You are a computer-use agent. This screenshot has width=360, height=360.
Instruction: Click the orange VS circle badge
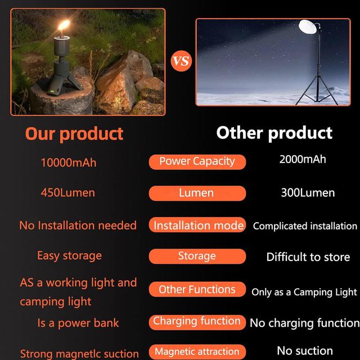pos(181,60)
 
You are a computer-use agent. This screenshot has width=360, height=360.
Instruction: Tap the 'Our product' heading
pos(74,134)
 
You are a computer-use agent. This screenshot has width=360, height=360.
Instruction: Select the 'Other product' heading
pos(274,133)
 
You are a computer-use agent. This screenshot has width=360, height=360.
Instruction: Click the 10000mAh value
pos(69,163)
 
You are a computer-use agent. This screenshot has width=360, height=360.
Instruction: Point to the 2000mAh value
pos(303,159)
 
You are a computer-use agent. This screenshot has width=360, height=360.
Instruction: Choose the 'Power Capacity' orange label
pos(197,161)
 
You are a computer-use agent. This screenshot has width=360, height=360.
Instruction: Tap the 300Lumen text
pos(308,192)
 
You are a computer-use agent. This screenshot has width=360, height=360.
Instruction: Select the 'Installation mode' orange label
pos(198,225)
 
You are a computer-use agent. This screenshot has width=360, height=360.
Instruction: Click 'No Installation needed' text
pos(78,225)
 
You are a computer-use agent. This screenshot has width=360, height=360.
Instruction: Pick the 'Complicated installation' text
pos(305,226)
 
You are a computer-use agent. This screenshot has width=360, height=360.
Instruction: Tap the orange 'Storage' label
pos(197,256)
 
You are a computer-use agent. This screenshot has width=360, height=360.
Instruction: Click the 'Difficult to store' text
pos(308,257)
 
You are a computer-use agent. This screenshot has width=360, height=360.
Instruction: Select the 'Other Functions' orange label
pos(197,289)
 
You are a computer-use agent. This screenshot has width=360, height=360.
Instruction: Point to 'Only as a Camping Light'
pos(304,292)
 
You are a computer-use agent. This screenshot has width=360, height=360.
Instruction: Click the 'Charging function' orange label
pos(197,321)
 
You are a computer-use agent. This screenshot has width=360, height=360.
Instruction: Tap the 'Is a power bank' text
pos(78,323)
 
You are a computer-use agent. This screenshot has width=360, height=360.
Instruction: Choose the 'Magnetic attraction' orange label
pos(197,352)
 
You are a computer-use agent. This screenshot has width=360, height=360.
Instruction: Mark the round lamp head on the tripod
pos(308,27)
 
